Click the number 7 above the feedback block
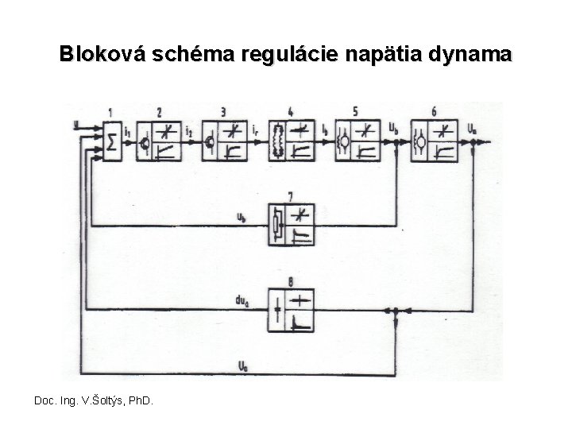[291, 194]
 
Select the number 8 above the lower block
[291, 280]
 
